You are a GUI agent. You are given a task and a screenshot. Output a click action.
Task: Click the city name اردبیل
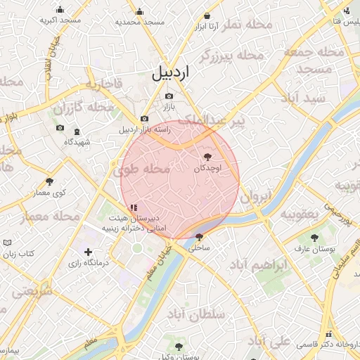coord(169,72)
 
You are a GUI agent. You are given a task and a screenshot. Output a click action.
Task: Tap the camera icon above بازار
coord(169,96)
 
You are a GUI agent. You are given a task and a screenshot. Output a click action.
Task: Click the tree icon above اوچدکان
coord(207,157)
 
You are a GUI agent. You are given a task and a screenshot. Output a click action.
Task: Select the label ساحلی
coord(200,247)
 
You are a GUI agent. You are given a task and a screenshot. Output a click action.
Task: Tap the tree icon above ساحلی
coord(200,237)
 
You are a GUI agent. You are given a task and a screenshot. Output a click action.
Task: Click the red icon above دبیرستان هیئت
coord(134,207)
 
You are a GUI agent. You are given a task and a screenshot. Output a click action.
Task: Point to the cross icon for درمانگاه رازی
coord(88,252)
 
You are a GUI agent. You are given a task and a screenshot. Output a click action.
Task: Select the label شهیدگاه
coord(77,142)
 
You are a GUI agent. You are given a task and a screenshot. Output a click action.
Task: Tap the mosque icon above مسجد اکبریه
coord(60,10)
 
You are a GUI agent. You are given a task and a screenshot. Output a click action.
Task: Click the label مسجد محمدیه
coord(140,22)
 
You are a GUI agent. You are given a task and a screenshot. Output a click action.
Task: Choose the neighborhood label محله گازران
coord(83,108)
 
